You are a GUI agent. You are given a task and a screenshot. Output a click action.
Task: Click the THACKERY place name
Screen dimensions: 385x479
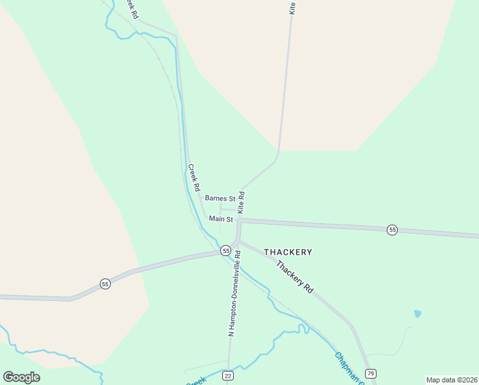coord(288,252)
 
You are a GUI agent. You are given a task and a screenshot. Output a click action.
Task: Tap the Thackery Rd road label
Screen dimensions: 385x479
coord(294,277)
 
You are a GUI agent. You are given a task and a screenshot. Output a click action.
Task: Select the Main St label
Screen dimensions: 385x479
coord(220,219)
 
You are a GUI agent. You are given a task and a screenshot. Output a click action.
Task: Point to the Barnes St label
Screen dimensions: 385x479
coord(220,199)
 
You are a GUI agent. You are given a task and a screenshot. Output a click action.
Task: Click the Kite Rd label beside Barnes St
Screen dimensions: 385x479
coord(241,201)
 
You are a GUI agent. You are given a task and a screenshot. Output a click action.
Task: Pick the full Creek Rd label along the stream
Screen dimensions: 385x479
coord(194,178)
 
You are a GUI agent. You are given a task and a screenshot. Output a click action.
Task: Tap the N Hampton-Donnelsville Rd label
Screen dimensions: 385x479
coord(234,293)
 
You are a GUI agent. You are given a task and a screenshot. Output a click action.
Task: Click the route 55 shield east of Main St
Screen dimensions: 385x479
coord(392,230)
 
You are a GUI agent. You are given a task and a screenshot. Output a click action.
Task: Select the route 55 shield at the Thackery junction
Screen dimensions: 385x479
coord(225,250)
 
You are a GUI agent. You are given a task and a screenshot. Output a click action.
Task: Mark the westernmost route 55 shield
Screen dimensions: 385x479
coord(105,284)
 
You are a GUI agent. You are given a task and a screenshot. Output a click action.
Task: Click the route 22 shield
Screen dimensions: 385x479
coord(228,375)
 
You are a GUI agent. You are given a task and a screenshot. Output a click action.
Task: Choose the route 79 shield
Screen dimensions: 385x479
coord(370,373)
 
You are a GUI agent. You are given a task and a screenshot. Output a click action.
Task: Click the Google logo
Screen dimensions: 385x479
coord(22,377)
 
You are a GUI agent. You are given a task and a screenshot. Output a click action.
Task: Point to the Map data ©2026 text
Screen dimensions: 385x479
coord(451,380)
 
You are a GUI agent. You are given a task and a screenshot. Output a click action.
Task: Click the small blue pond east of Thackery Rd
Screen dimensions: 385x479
coord(418,314)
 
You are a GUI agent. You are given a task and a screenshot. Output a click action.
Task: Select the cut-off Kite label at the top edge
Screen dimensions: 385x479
coord(293,7)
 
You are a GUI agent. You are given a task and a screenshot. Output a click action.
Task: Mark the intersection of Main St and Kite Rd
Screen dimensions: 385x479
coord(239,220)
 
